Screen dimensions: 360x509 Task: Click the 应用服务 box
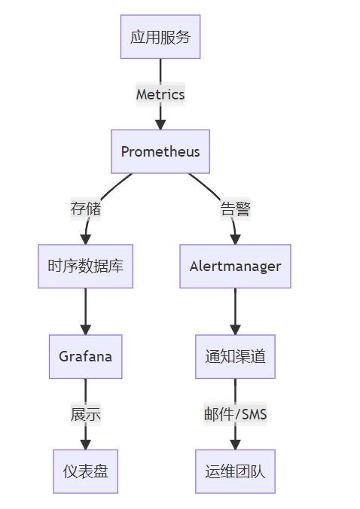tap(160, 37)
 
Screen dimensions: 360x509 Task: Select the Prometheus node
tap(160, 151)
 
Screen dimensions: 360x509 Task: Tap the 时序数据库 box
tap(85, 267)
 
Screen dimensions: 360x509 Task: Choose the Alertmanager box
tap(235, 267)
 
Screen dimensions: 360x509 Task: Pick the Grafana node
tap(85, 356)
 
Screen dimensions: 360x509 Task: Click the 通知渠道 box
tap(235, 356)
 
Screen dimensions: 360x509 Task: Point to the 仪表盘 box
tap(85, 471)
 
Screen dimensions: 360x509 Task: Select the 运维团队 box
tap(235, 471)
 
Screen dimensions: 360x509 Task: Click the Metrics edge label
tap(160, 94)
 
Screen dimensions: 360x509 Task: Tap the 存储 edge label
tap(86, 209)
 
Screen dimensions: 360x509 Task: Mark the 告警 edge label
tap(235, 209)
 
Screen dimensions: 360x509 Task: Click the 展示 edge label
tap(86, 414)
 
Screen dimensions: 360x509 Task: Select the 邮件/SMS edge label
tap(235, 414)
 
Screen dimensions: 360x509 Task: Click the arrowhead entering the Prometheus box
tap(160, 125)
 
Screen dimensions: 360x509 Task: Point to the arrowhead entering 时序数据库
tap(85, 239)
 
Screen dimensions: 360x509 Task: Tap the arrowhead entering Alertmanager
tap(235, 239)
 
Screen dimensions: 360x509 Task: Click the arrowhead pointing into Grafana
tap(85, 330)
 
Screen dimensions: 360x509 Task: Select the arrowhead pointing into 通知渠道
tap(235, 330)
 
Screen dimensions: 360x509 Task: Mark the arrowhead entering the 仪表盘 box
tap(85, 445)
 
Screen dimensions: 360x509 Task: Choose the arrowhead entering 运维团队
tap(235, 445)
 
